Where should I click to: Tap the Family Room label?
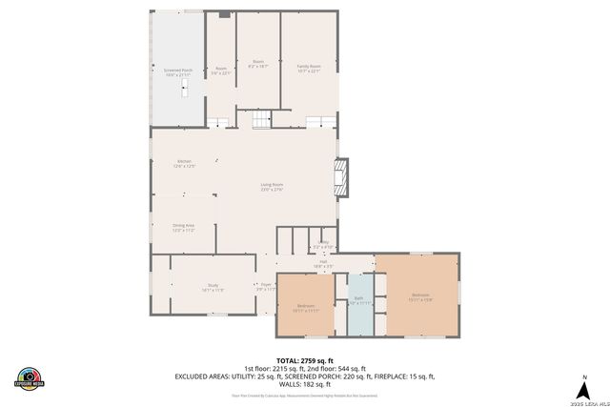[x=309, y=68]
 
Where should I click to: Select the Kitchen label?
[x=185, y=163]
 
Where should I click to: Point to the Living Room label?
[x=273, y=186]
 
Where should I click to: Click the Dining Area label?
[x=183, y=227]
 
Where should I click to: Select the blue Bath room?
[x=359, y=303]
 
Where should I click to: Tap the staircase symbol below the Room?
[x=260, y=118]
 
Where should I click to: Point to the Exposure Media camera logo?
[x=30, y=378]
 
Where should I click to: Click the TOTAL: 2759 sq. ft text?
[x=305, y=360]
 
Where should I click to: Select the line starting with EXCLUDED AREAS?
[x=305, y=376]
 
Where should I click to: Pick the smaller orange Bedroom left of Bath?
[x=305, y=307]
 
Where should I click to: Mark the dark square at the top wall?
[x=224, y=14]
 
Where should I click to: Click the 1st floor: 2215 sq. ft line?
[x=305, y=368]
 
